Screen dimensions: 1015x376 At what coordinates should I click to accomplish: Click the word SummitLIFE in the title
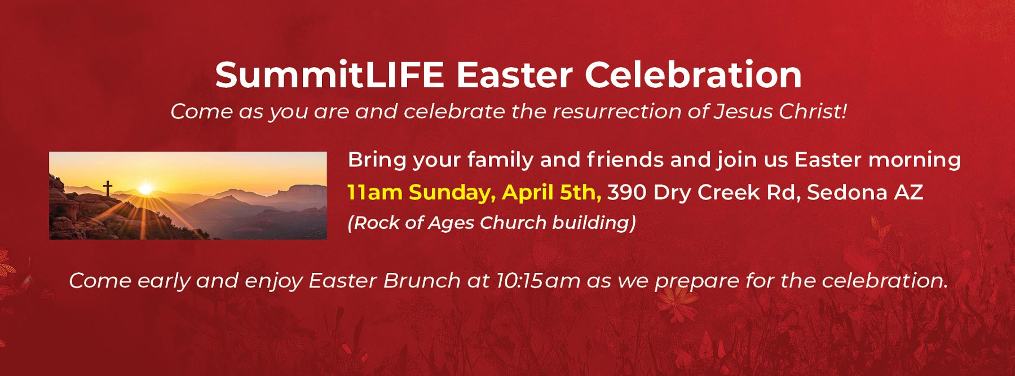pyautogui.click(x=330, y=75)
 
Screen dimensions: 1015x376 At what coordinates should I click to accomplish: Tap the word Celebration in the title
pyautogui.click(x=693, y=74)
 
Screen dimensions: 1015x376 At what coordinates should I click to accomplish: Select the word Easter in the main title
pyautogui.click(x=514, y=75)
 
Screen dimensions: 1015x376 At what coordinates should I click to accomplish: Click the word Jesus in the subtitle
pyautogui.click(x=743, y=111)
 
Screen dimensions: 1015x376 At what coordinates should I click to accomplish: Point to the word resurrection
pyautogui.click(x=617, y=112)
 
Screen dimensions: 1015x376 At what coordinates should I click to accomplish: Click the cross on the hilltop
pyautogui.click(x=107, y=188)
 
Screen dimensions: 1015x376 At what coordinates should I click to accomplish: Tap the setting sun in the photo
pyautogui.click(x=145, y=188)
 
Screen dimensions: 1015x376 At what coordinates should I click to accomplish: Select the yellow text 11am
pyautogui.click(x=374, y=193)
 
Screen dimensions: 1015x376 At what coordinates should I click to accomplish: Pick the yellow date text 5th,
pyautogui.click(x=581, y=193)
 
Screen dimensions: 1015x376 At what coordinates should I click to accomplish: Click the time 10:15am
pyautogui.click(x=539, y=281)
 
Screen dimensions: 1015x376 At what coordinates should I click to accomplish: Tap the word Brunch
pyautogui.click(x=422, y=281)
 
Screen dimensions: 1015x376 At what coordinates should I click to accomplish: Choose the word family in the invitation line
pyautogui.click(x=500, y=160)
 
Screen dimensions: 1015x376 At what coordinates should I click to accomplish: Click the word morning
pyautogui.click(x=915, y=160)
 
